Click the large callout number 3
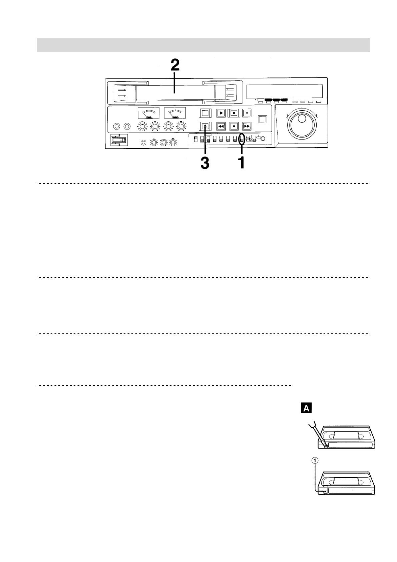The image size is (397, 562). pos(205,163)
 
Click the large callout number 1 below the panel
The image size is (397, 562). pos(241,163)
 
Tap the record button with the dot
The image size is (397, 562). pos(234,113)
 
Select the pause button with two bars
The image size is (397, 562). pos(246,113)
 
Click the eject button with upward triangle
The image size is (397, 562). pos(206,126)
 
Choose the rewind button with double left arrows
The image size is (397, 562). pos(221,126)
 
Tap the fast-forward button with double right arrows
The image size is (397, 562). pos(246,126)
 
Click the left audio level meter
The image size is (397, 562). pos(149,113)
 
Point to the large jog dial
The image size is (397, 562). pos(302,124)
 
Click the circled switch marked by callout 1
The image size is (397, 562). pos(242,139)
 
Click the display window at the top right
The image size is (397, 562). pos(284,90)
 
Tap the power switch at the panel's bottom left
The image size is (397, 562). pos(119,140)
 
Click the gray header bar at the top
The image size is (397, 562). pos(203,45)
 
